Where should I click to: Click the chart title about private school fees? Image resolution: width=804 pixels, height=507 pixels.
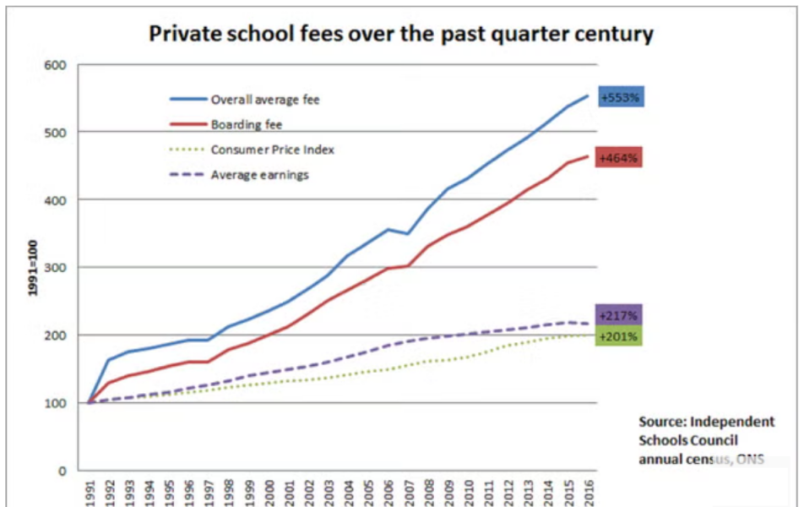pos(401,34)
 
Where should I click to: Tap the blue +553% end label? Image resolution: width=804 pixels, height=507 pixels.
pos(621,97)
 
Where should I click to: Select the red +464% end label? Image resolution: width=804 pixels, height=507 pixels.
pos(619,157)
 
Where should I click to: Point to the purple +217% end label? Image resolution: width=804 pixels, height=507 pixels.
pos(619,315)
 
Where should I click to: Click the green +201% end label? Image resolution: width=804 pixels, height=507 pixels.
pos(619,336)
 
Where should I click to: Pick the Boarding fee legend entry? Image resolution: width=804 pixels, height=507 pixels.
pos(246,125)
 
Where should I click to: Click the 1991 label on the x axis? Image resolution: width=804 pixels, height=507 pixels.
pos(89,492)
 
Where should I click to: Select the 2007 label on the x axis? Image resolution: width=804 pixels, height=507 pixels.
pos(409,492)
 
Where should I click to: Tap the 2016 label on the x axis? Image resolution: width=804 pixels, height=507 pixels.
pos(589,492)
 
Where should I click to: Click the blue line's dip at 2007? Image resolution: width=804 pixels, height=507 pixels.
pos(409,234)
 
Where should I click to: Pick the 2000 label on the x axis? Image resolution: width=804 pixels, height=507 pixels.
pos(269,492)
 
